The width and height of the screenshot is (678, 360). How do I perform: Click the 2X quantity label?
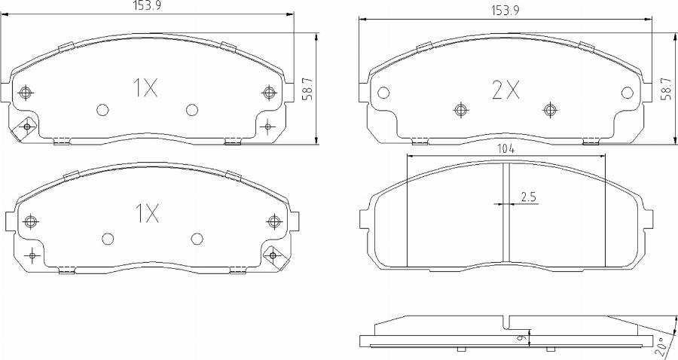[505, 91]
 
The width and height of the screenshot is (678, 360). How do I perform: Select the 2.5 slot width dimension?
[529, 197]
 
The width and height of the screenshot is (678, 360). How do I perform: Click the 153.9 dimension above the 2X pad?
[506, 11]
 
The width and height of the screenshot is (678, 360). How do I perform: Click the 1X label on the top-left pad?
[145, 90]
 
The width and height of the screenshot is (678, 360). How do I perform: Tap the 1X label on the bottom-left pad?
[147, 215]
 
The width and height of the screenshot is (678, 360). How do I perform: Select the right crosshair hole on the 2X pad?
[551, 109]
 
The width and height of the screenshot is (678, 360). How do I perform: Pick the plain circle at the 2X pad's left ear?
[383, 93]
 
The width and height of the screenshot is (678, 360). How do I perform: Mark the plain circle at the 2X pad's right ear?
[628, 93]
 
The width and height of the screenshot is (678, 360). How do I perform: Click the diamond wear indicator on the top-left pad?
[27, 127]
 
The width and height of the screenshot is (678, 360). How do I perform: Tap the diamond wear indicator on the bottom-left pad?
[273, 256]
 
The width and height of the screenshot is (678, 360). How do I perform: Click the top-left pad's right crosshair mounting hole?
[268, 93]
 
